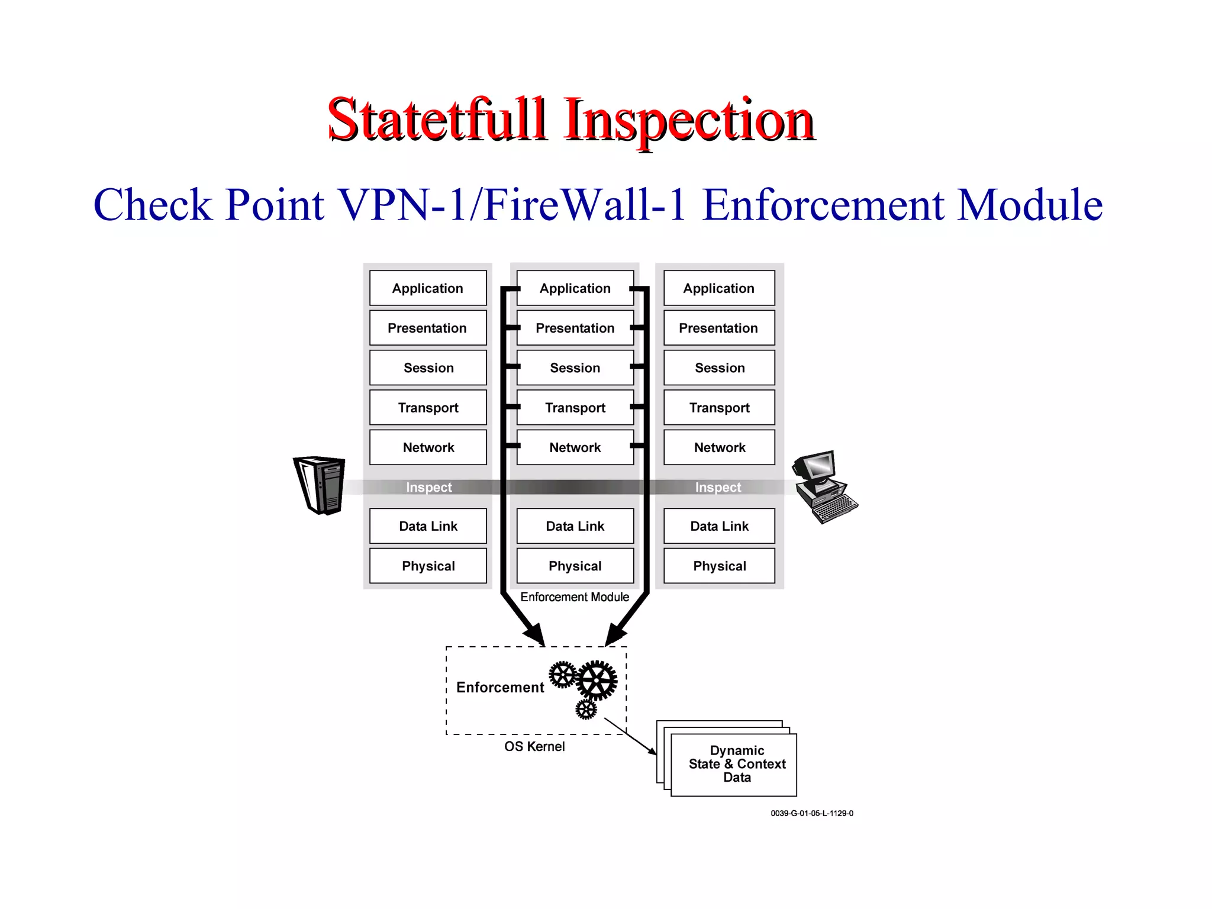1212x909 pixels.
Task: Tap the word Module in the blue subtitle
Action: point(1030,205)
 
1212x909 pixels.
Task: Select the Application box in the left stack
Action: point(428,288)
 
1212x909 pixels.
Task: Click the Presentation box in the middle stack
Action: point(575,328)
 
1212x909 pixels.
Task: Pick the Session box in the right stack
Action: point(719,368)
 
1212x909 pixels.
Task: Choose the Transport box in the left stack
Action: point(428,407)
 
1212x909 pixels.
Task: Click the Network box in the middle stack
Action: point(575,447)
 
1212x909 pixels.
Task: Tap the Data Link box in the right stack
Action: point(719,526)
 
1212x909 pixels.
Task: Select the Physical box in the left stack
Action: point(428,566)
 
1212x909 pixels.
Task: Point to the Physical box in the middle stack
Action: point(575,566)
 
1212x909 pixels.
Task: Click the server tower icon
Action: point(320,485)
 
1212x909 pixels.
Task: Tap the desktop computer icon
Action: point(824,486)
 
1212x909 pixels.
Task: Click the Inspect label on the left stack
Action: point(428,487)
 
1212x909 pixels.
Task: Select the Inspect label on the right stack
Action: point(718,487)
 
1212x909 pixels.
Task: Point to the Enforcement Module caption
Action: point(575,597)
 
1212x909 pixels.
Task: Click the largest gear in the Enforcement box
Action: point(597,681)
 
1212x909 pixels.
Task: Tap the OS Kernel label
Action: point(534,747)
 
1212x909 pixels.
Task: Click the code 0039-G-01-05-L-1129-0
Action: point(811,814)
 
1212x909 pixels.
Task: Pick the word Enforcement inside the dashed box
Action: point(500,688)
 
